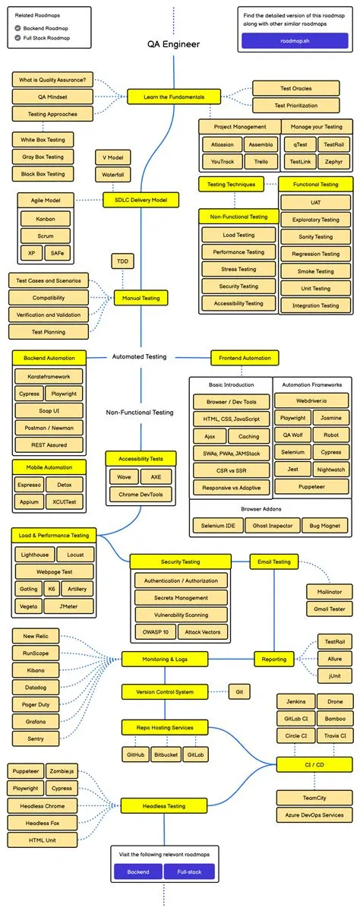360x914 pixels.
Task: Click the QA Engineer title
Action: point(174,45)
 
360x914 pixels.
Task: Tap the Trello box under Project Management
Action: point(261,161)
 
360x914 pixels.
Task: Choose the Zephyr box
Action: point(333,161)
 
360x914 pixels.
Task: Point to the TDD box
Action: point(122,261)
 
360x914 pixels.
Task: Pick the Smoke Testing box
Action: point(316,270)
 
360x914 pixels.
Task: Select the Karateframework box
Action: point(49,375)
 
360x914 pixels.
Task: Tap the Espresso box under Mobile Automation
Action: point(29,483)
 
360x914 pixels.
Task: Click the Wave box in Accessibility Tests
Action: point(123,476)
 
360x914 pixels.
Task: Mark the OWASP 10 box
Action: point(155,631)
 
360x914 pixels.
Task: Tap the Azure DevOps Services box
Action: point(314,814)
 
